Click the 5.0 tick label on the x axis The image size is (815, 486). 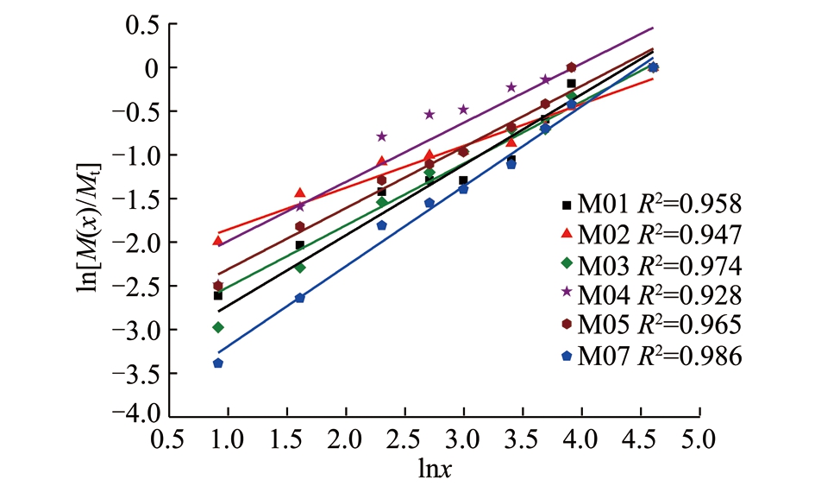(698, 439)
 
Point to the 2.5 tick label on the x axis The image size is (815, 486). (404, 439)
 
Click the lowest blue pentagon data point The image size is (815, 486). (218, 363)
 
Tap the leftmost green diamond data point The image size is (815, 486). (218, 327)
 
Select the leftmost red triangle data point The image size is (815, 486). (218, 241)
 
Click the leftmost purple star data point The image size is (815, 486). (300, 205)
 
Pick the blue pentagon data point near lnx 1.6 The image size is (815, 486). (300, 298)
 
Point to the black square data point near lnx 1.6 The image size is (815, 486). (300, 245)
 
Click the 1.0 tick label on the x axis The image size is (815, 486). (229, 439)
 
